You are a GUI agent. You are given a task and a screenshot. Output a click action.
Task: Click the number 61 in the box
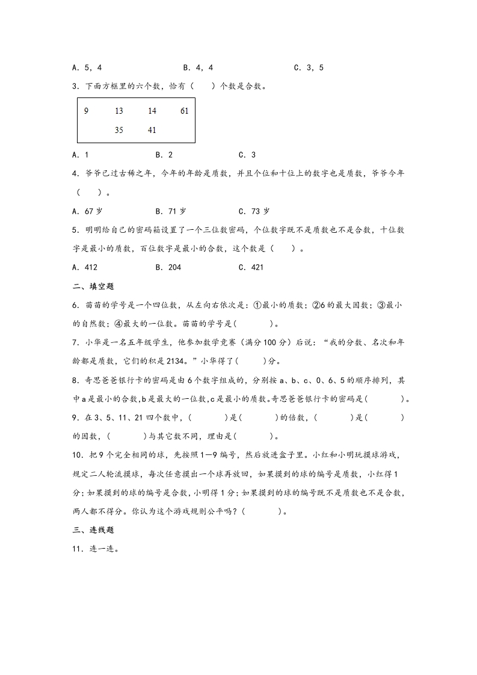184,111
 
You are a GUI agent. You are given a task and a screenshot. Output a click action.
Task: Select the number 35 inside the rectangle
118,130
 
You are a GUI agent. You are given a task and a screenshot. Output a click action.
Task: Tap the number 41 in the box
152,130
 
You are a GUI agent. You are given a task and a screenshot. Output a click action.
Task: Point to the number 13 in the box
118,111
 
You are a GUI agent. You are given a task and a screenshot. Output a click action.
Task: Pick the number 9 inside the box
86,111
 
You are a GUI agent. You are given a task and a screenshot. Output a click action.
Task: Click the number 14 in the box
152,111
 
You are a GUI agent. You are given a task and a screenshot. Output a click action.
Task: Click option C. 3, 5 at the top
309,68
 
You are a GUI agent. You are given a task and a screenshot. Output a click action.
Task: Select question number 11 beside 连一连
76,549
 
